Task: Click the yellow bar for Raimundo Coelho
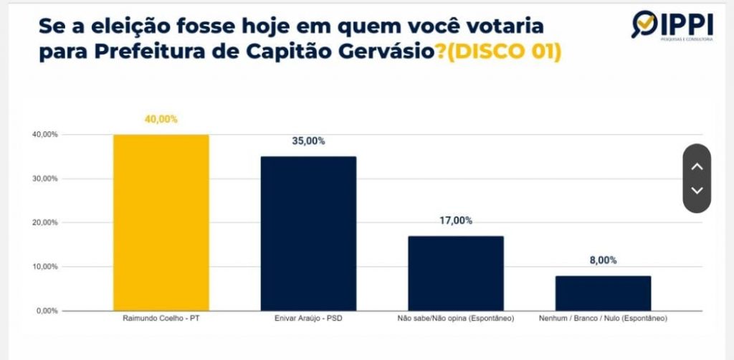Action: pos(161,223)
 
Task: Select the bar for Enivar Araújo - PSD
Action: pos(308,234)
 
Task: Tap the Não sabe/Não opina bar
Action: pos(456,273)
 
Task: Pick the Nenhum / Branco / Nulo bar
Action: pos(603,293)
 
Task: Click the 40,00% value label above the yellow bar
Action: pos(161,119)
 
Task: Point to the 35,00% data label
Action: pos(308,141)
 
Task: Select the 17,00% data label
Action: pos(456,220)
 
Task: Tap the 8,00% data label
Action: pos(603,260)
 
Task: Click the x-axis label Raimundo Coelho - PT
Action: pos(161,319)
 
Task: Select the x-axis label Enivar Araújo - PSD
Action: pos(308,319)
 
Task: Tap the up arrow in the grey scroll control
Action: pos(697,166)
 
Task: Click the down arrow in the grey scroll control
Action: pos(697,191)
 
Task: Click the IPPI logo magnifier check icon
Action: pos(644,24)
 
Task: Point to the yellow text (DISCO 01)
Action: pos(504,52)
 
